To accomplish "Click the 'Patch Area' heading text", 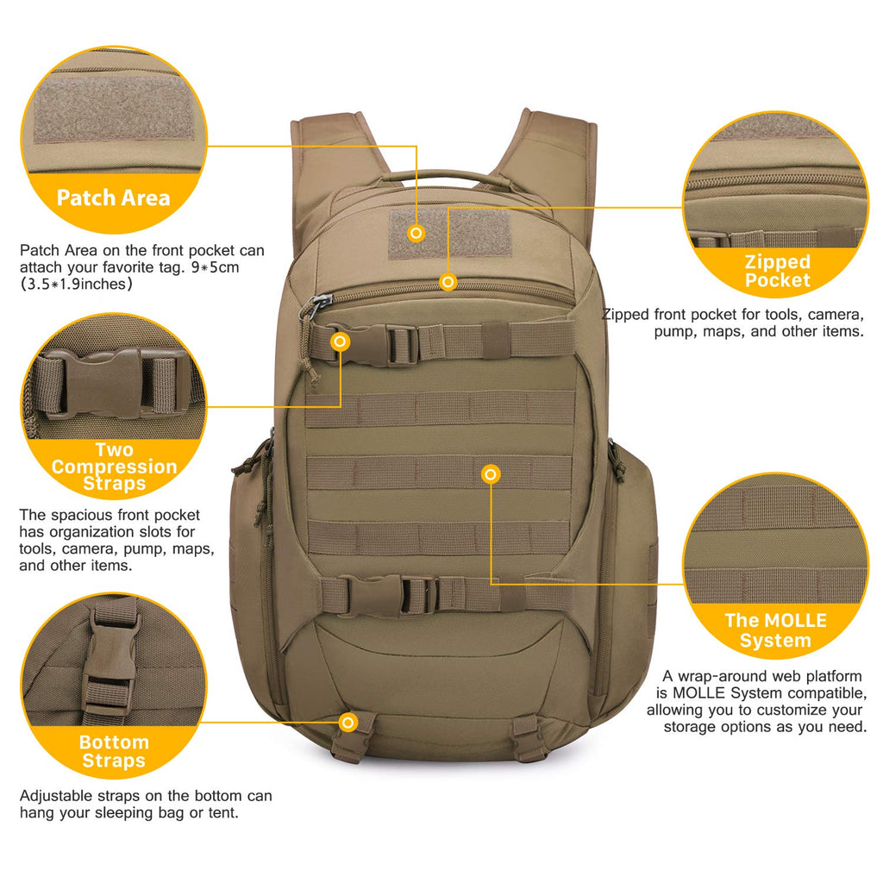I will tap(114, 197).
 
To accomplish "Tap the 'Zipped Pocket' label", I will tap(778, 271).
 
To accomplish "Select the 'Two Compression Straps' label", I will tap(114, 467).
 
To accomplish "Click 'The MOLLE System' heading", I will tap(775, 630).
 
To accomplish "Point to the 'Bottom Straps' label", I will tap(114, 751).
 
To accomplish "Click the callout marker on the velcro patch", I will tap(416, 233).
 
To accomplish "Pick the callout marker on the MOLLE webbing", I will tap(491, 473).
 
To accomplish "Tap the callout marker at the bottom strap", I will tap(348, 722).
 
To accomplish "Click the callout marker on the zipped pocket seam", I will tap(448, 281).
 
